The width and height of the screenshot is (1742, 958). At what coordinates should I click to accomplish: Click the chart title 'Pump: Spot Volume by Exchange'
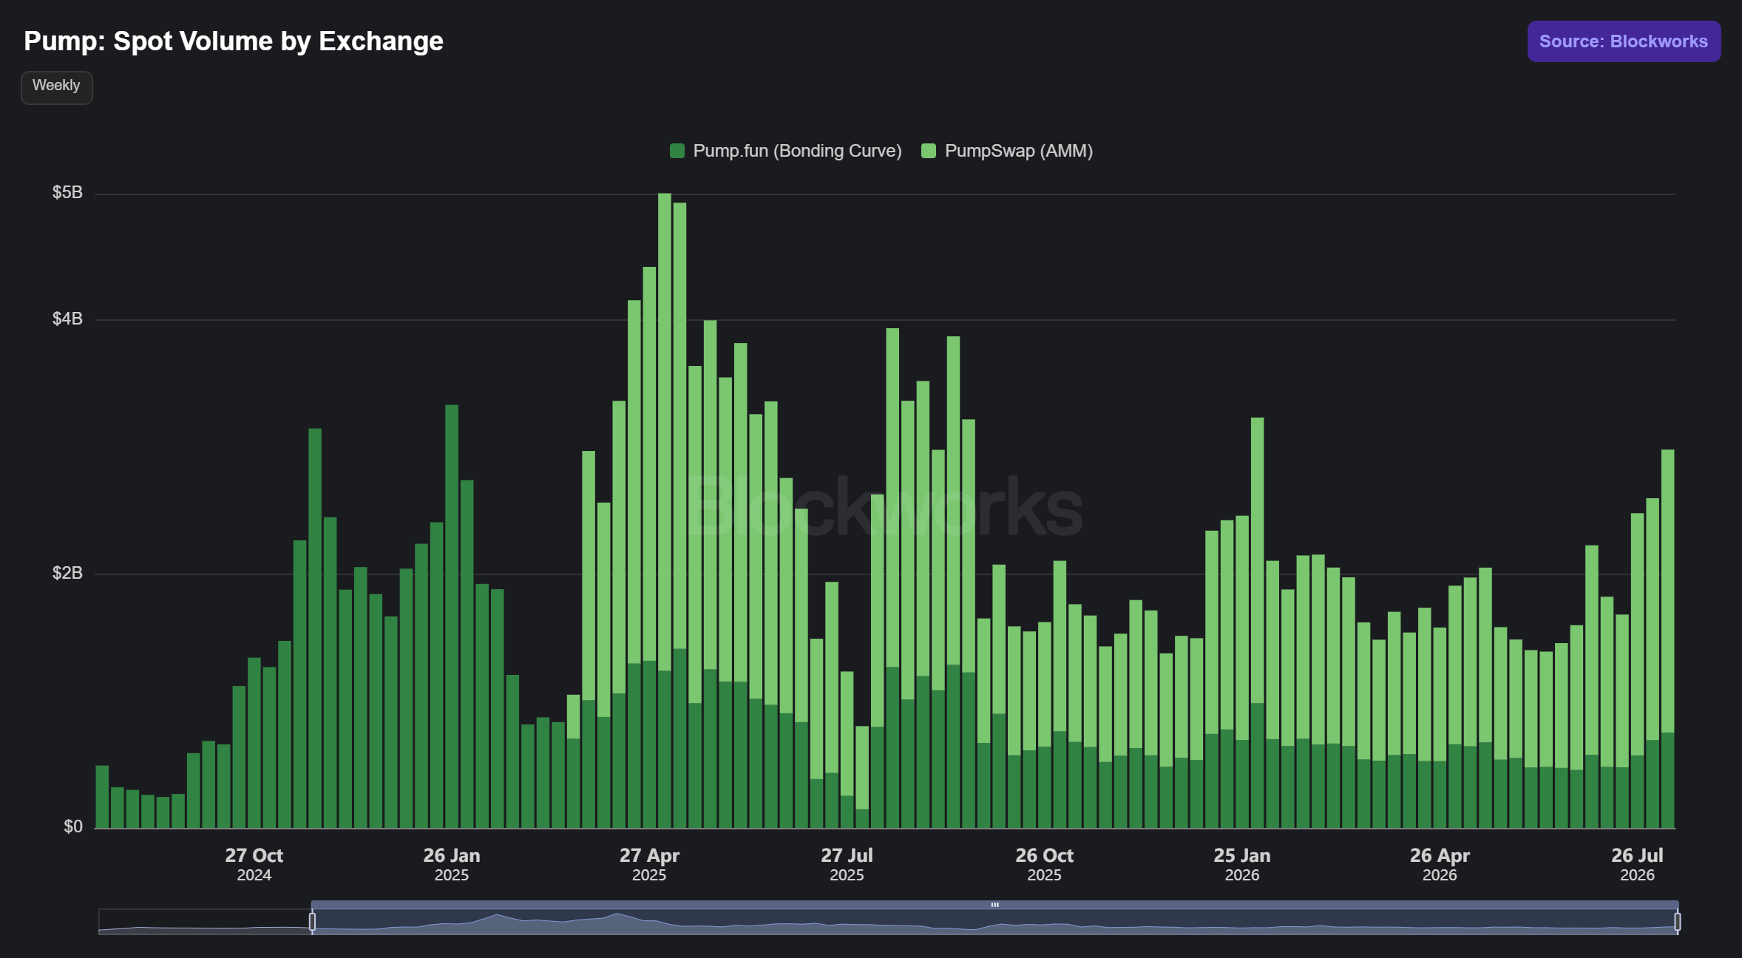(x=234, y=41)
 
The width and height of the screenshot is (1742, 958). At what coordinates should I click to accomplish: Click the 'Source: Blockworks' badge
(x=1624, y=41)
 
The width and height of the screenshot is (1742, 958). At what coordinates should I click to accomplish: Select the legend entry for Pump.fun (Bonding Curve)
(x=785, y=151)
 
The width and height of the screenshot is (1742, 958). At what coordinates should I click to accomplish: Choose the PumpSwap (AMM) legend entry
(x=1007, y=151)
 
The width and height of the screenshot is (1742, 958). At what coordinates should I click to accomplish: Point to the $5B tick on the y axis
(x=67, y=193)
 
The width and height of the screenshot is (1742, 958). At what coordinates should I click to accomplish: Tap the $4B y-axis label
(x=67, y=319)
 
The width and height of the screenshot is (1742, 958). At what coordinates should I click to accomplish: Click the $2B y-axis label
(x=67, y=574)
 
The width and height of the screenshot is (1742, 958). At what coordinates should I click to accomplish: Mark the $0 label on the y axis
(x=73, y=827)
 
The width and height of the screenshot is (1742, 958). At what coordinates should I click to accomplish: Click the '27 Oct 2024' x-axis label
(x=254, y=864)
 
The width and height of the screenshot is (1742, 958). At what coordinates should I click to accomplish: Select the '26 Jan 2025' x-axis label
(x=452, y=864)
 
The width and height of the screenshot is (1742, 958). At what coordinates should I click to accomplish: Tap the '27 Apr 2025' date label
(x=649, y=864)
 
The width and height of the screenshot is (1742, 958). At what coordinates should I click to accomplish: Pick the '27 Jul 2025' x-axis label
(x=847, y=864)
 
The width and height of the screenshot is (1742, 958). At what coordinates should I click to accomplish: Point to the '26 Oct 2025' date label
(x=1044, y=864)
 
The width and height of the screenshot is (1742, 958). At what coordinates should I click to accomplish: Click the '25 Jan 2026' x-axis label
(x=1242, y=864)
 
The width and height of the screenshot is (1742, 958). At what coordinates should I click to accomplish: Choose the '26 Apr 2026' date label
(x=1440, y=864)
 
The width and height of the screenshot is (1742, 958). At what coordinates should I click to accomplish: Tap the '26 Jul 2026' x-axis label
(x=1637, y=864)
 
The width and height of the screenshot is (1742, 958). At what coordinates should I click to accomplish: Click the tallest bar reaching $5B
(x=665, y=510)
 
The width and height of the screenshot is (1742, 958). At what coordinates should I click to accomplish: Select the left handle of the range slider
(x=312, y=922)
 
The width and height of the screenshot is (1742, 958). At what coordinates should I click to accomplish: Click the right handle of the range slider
(x=1678, y=922)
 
